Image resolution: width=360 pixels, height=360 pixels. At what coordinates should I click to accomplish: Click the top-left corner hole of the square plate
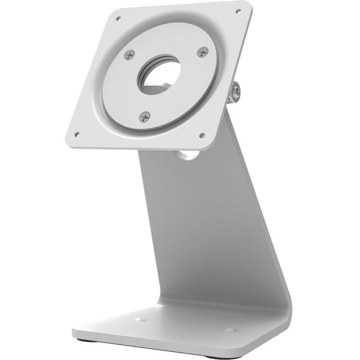pos(118,18)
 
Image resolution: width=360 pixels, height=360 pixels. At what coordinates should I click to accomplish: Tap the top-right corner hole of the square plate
pos(238,11)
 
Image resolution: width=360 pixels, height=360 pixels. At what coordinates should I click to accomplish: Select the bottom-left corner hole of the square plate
pos(76,133)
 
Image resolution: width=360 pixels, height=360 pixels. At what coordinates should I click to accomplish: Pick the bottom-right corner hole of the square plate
pos(202,135)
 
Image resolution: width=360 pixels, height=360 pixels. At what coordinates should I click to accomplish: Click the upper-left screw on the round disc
pos(129,54)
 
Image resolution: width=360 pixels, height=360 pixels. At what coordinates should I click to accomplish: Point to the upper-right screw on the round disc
pos(203,52)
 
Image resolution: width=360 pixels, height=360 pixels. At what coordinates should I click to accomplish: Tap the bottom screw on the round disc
pos(145,116)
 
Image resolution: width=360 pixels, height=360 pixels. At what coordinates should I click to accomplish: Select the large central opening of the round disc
pos(161,78)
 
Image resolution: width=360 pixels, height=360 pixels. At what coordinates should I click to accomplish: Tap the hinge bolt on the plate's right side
pos(235,92)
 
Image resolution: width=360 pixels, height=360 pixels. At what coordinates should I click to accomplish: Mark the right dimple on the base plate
pos(229,331)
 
